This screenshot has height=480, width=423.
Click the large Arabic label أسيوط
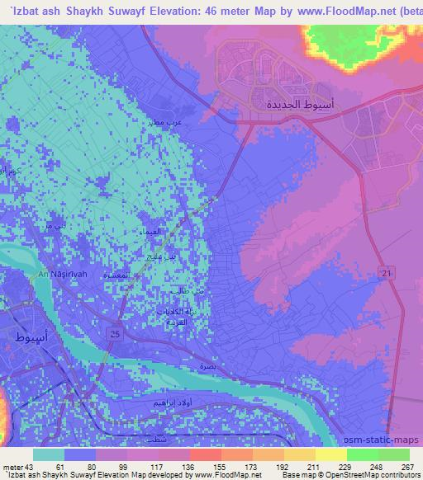[x=32, y=337]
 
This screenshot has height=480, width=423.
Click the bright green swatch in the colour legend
[x=363, y=455]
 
